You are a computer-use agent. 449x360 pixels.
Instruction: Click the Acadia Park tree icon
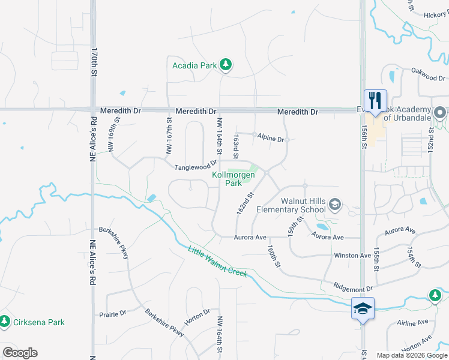pyautogui.click(x=226, y=64)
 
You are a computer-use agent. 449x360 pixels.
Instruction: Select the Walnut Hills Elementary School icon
pyautogui.click(x=334, y=206)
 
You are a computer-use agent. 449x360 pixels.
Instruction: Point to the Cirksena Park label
pyautogui.click(x=39, y=322)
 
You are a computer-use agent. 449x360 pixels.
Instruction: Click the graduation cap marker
pyautogui.click(x=363, y=308)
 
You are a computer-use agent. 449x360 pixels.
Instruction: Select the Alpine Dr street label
pyautogui.click(x=270, y=138)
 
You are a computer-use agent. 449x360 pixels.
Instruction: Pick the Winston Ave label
pyautogui.click(x=353, y=256)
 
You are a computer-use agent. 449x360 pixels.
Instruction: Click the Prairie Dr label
pyautogui.click(x=112, y=313)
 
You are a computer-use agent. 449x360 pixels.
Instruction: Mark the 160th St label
pyautogui.click(x=274, y=257)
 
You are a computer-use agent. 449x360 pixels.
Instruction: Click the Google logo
pyautogui.click(x=20, y=353)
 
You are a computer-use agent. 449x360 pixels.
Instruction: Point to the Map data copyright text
pyautogui.click(x=411, y=355)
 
